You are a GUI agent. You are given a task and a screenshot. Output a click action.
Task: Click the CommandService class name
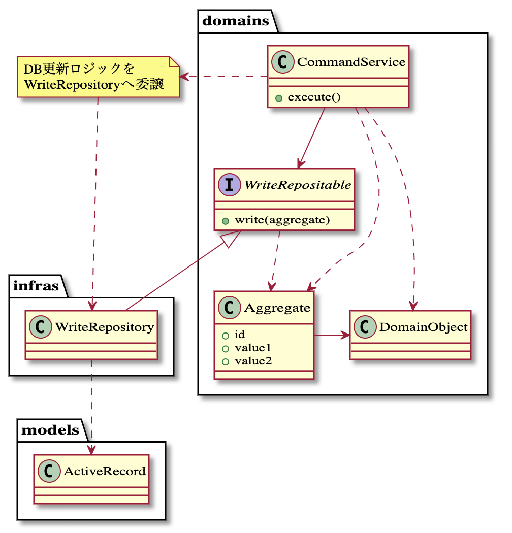[351, 62]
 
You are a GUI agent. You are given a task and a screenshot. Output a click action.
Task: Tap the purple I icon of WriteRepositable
[230, 185]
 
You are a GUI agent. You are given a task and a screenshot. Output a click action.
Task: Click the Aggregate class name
[277, 308]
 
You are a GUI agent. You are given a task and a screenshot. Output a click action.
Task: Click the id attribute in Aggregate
[240, 335]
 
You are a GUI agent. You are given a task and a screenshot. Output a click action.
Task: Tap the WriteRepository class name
[104, 327]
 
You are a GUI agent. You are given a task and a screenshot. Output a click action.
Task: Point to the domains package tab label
[236, 21]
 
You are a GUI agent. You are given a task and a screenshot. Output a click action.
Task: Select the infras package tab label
[36, 286]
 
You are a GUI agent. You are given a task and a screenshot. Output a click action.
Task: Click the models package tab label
[50, 430]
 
